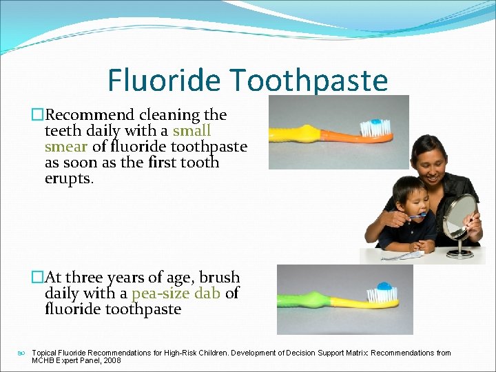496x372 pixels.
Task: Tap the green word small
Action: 192,130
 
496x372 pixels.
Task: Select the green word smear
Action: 65,146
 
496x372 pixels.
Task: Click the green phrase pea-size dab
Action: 176,293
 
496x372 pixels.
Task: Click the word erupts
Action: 67,178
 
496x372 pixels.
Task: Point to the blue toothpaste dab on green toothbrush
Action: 384,285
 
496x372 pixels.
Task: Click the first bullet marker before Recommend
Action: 38,115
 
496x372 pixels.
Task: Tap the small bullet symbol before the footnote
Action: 22,353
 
